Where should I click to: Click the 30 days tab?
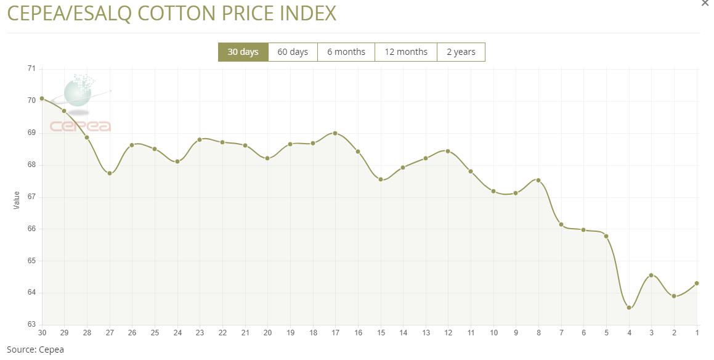pyautogui.click(x=243, y=52)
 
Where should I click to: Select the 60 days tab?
pyautogui.click(x=293, y=52)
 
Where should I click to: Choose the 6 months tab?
pyautogui.click(x=346, y=52)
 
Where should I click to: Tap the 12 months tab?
pyautogui.click(x=406, y=52)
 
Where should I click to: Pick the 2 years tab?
pyautogui.click(x=461, y=52)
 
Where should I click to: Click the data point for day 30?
pyautogui.click(x=42, y=99)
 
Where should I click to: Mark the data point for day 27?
pyautogui.click(x=110, y=173)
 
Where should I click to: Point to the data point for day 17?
pyautogui.click(x=335, y=133)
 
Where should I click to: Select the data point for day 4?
pyautogui.click(x=629, y=308)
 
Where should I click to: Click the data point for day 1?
pyautogui.click(x=697, y=284)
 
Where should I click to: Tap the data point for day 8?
pyautogui.click(x=538, y=180)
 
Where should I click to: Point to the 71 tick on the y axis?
pyautogui.click(x=31, y=68)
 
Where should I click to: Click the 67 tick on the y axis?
pyautogui.click(x=31, y=197)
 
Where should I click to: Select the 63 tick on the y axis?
pyautogui.click(x=31, y=324)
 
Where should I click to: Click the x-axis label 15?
pyautogui.click(x=381, y=333)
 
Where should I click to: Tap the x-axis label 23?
pyautogui.click(x=200, y=333)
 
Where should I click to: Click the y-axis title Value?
pyautogui.click(x=17, y=200)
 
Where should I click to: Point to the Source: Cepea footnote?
pyautogui.click(x=35, y=350)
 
